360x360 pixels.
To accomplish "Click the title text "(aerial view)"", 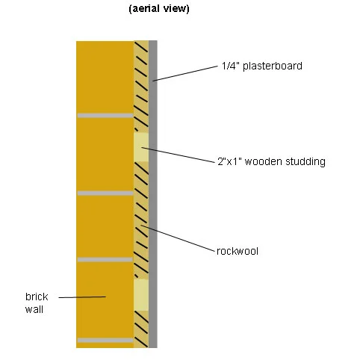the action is (x=159, y=8).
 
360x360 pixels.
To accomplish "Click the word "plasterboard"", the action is (x=273, y=66).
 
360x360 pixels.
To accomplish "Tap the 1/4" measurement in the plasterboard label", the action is (x=231, y=66).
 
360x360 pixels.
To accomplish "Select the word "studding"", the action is (x=305, y=161).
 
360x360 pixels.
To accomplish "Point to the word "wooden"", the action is (x=264, y=161).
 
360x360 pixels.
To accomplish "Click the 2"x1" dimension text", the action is (x=230, y=161).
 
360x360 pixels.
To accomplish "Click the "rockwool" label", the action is (x=238, y=251).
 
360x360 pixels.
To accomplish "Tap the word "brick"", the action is (x=37, y=297).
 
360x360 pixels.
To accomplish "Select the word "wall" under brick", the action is (x=34, y=309).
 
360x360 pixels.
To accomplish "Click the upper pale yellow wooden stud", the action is (x=141, y=147).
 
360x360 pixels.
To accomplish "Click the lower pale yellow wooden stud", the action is (x=141, y=295).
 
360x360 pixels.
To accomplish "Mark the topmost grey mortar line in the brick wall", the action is (x=105, y=116).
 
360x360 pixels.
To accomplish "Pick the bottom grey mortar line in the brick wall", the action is (x=105, y=341).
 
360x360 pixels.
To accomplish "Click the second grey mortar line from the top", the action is (x=105, y=193).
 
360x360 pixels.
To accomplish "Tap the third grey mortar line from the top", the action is (x=105, y=260).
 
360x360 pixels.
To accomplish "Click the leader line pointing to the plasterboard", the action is (x=185, y=73).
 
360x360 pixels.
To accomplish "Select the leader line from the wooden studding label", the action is (x=179, y=155).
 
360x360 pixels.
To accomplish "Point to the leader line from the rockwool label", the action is (x=178, y=238).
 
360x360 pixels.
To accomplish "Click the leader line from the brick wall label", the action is (x=82, y=297).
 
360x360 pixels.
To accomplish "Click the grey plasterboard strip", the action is (x=153, y=194).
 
